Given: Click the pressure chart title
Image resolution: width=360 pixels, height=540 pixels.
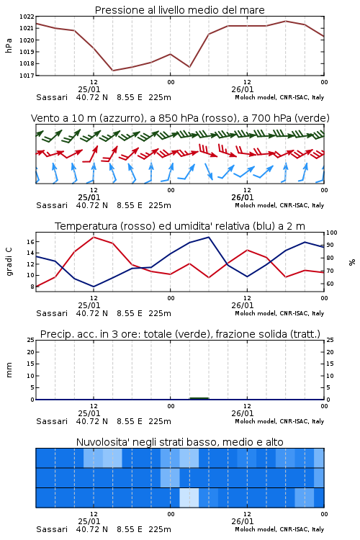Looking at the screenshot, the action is pos(179,10).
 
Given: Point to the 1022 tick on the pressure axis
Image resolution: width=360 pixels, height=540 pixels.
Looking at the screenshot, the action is pos(27,17).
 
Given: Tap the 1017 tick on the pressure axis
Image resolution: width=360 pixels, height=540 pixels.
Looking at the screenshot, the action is pos(27,75).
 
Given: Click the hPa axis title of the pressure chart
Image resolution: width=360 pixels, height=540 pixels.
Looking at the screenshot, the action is pos(9,45).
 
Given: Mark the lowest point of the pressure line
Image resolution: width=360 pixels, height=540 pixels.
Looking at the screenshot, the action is pos(112,71).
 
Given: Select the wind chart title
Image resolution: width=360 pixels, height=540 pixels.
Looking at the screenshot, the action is pos(180,118).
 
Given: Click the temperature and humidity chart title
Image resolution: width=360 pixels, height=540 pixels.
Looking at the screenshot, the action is pos(180,226).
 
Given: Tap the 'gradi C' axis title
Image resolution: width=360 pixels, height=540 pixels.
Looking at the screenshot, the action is pos(9,262).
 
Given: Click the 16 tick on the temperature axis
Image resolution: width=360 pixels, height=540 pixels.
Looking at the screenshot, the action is pos(30,242).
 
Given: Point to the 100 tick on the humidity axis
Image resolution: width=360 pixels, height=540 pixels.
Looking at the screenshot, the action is pos(331,233).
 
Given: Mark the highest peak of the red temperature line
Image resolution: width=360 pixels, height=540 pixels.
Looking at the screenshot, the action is pos(94,237).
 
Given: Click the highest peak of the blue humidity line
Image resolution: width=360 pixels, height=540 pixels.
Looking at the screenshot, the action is pos(208,237).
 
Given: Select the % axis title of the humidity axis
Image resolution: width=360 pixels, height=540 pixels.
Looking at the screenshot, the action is pos(352,262).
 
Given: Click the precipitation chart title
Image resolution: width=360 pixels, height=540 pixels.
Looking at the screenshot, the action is pos(180,334).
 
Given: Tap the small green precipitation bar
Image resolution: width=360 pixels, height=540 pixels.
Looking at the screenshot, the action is pos(199,398).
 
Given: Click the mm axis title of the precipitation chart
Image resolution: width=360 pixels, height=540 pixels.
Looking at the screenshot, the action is pos(9,370).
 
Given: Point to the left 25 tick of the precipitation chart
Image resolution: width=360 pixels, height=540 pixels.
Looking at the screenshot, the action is pos(30,340).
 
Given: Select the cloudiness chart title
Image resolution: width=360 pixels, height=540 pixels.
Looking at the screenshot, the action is pos(179,442).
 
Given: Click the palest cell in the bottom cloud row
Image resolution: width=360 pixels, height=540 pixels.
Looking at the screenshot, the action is pos(189,498).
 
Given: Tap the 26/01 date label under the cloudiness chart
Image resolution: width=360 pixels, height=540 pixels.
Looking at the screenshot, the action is pos(242,521).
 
